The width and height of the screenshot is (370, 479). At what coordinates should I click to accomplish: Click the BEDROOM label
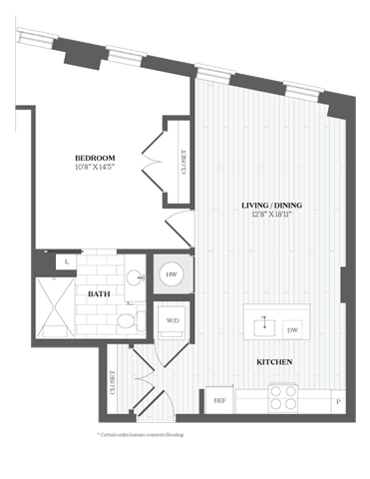(x=95, y=158)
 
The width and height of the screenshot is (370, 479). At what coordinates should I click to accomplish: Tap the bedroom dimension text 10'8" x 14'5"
(x=95, y=168)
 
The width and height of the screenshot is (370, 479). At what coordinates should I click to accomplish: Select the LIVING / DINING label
(x=271, y=207)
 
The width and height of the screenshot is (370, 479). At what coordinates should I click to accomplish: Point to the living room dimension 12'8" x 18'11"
(x=271, y=217)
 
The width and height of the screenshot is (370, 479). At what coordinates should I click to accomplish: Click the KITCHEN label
(x=273, y=361)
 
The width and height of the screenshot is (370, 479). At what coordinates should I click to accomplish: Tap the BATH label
(x=99, y=294)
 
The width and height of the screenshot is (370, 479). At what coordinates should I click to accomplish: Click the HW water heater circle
(x=171, y=271)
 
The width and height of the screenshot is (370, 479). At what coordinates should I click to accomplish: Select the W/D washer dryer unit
(x=173, y=321)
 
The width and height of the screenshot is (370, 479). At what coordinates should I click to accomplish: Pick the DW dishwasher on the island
(x=292, y=329)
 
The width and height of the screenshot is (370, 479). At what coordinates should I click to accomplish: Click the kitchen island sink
(x=265, y=324)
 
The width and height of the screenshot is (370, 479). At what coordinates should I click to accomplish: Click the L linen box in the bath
(x=66, y=261)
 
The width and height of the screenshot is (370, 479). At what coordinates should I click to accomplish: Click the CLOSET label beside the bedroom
(x=184, y=163)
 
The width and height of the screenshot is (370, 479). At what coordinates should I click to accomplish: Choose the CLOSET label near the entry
(x=113, y=383)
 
